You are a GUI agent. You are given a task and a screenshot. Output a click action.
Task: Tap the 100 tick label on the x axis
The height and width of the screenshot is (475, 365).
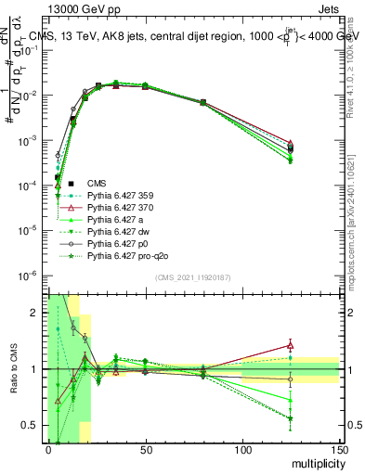point(242,450)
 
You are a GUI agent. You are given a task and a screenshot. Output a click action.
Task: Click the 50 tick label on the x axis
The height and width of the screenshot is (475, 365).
point(145,450)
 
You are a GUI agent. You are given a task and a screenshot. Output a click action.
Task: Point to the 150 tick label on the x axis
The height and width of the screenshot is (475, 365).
point(339,450)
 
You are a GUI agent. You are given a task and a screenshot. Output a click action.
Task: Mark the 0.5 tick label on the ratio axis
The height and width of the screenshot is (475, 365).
point(33,425)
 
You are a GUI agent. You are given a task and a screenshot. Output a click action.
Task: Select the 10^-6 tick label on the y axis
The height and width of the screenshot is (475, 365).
point(31,275)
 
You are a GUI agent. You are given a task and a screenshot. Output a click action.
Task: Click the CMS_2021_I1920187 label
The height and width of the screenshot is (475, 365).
point(192,277)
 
